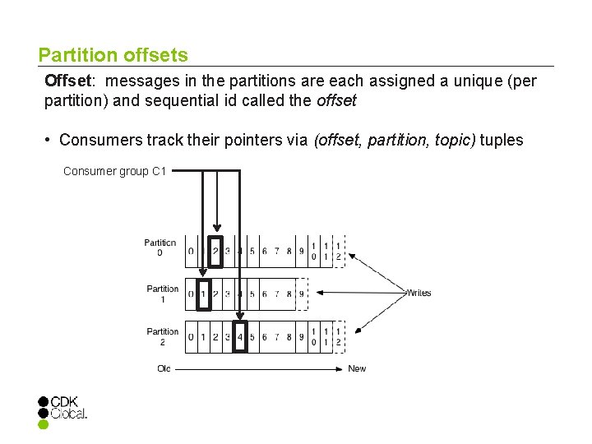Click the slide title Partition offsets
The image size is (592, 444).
[x=113, y=56]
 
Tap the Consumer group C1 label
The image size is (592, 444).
[x=115, y=172]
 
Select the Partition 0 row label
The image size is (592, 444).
[x=160, y=247]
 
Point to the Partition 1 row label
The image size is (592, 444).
[x=163, y=294]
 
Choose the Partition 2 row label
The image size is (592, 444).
[x=163, y=337]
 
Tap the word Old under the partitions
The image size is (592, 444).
[x=164, y=368]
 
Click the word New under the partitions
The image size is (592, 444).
[x=357, y=368]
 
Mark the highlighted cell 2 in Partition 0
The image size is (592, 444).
[x=215, y=251]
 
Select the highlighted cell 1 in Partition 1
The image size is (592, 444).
[x=204, y=294]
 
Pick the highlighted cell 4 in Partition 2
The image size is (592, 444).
[x=239, y=337]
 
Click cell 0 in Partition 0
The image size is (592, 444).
[x=191, y=251]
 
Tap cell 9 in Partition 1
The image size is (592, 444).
[x=301, y=294]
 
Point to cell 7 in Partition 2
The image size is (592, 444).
[x=276, y=337]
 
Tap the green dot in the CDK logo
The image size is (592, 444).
[x=44, y=425]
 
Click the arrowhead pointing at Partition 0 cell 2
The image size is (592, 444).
[x=215, y=230]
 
